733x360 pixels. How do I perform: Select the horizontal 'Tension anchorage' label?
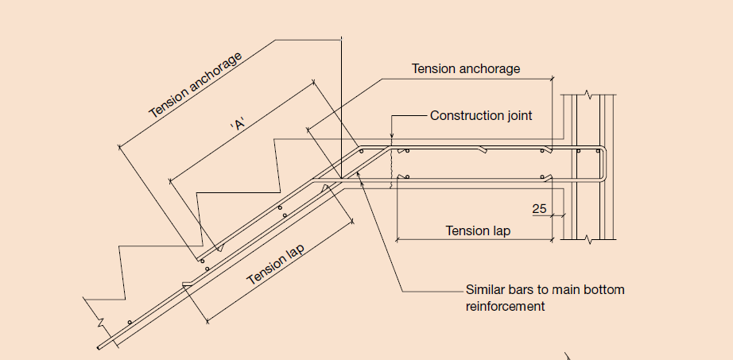pyautogui.click(x=466, y=69)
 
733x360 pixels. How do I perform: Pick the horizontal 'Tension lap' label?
pyautogui.click(x=478, y=231)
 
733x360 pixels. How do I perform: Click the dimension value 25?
pyautogui.click(x=540, y=209)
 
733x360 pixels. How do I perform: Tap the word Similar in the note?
pyautogui.click(x=487, y=289)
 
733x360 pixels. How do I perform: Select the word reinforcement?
pyautogui.click(x=505, y=305)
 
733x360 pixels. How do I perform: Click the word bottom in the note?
pyautogui.click(x=606, y=289)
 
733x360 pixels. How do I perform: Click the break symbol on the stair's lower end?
pyautogui.click(x=101, y=324)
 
